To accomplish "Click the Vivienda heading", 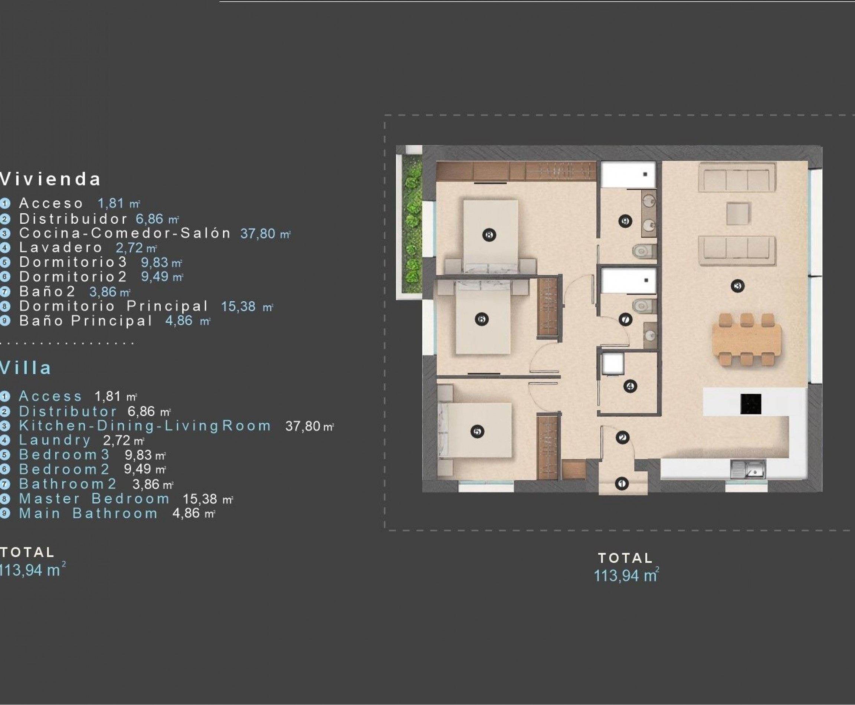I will click(50, 179).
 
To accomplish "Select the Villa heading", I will click(26, 368).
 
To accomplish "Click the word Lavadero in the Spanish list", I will click(60, 247).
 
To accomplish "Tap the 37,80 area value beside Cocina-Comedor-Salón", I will click(258, 233).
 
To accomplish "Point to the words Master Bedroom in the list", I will click(94, 499).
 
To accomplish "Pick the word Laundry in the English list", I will click(55, 440).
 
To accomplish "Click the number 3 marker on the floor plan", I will click(738, 286).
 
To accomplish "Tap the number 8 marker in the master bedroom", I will click(489, 235).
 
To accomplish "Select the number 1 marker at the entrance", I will click(622, 483).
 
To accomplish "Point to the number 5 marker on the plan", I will click(477, 431).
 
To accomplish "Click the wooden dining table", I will click(747, 340).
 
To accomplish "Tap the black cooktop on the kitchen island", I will click(751, 404).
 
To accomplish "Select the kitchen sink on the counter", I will click(748, 469).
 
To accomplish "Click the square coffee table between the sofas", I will click(738, 213).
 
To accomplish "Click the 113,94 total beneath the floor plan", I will click(626, 576).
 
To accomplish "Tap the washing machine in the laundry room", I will click(613, 363).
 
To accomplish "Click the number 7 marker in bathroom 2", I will click(625, 319).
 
